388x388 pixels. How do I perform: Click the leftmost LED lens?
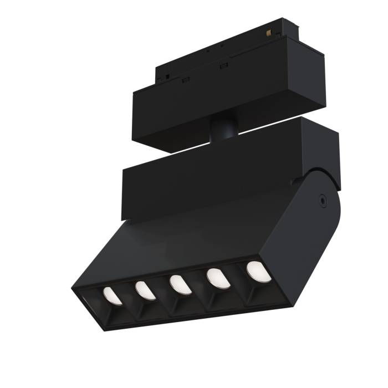[111, 296]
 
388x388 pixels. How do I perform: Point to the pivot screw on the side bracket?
[321, 197]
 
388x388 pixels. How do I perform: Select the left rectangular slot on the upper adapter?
[186, 79]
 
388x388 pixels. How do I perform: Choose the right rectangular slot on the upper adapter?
[224, 67]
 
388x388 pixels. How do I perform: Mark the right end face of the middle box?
[321, 147]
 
